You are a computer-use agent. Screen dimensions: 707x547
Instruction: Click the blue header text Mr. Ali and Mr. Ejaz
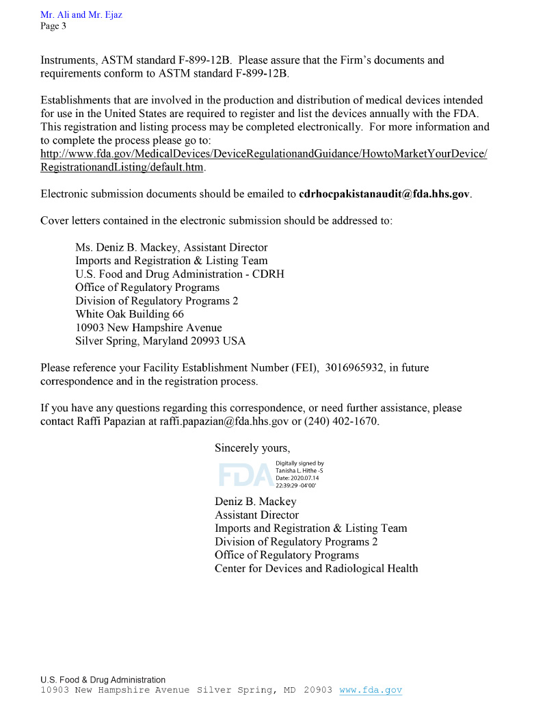point(81,15)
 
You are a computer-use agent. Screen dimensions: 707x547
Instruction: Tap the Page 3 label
point(53,27)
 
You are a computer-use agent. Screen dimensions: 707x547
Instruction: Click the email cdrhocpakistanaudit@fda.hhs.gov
point(385,194)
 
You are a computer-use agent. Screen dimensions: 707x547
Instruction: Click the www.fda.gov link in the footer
point(371,690)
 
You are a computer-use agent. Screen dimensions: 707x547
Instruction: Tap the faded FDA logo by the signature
point(243,474)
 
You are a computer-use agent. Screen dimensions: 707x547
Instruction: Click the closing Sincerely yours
point(252,448)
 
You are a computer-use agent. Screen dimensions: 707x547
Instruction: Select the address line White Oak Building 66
point(129,314)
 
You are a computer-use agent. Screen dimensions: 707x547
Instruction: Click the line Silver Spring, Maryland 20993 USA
point(160,341)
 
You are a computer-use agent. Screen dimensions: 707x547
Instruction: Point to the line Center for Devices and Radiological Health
point(316,568)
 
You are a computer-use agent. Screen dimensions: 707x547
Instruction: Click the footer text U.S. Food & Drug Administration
point(103,680)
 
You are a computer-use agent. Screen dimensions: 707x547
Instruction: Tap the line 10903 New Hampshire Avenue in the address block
point(148,327)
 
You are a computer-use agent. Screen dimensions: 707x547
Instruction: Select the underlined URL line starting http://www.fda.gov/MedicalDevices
point(263,154)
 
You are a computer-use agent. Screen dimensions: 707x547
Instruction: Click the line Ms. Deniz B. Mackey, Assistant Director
point(171,247)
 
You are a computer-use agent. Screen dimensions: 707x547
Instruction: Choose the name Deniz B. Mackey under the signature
point(255,502)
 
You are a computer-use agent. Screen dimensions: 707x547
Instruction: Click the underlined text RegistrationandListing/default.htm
point(122,167)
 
